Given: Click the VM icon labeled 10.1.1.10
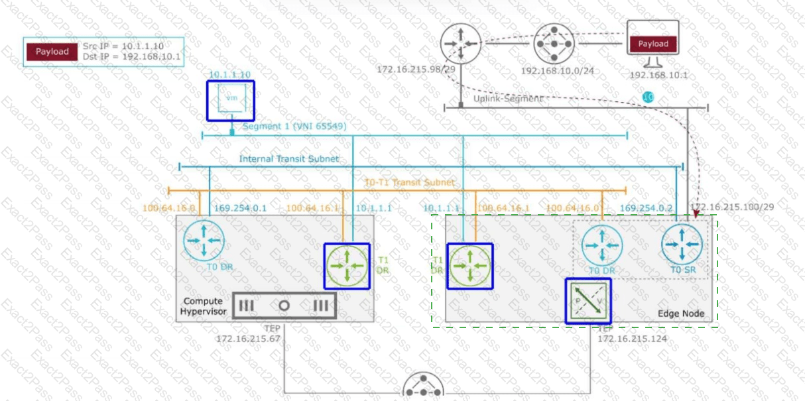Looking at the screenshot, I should tap(230, 99).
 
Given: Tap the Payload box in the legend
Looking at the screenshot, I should tap(52, 52).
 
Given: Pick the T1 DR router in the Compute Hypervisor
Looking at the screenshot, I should tap(347, 266).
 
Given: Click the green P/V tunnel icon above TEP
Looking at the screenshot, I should tap(588, 300).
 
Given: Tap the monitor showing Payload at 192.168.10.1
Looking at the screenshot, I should tap(653, 43).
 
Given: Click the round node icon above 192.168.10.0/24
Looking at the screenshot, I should tap(553, 44).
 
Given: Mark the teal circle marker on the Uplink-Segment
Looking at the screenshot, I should tap(649, 97).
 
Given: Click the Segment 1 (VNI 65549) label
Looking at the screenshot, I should tap(294, 126).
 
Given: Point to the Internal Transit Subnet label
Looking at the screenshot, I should tap(288, 159).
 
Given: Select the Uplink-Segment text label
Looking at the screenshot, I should tap(508, 98).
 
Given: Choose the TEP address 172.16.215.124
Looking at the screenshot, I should tap(632, 339).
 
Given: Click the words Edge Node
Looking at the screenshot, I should tap(680, 314).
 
